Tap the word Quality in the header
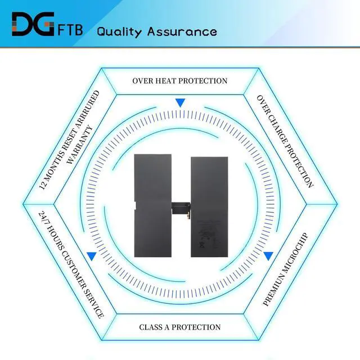[120, 31]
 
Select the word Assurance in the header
[182, 31]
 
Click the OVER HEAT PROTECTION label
[180, 81]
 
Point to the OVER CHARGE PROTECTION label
[285, 141]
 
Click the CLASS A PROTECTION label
[180, 327]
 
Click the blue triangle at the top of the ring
[180, 103]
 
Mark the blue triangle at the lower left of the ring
[92, 255]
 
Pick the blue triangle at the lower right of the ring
[268, 255]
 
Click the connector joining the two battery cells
[180, 208]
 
